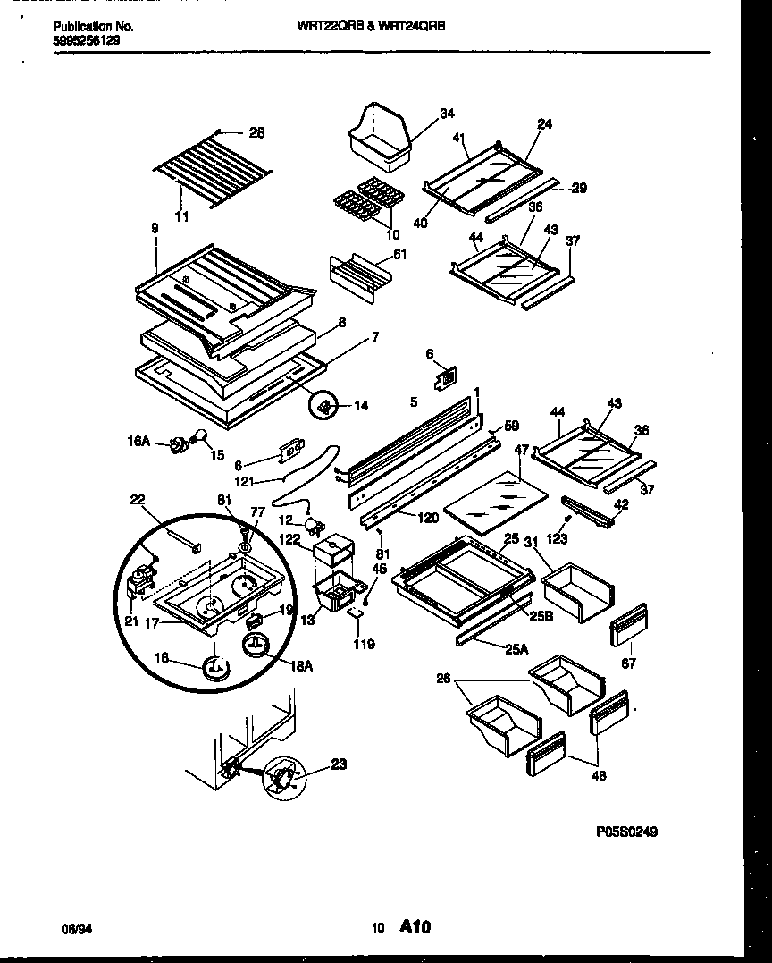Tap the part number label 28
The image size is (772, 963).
point(256,133)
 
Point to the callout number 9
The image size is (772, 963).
point(155,229)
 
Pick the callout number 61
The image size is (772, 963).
point(399,255)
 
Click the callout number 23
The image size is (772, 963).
point(338,764)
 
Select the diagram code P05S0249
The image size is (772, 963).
point(626,832)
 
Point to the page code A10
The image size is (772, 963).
point(416,928)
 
